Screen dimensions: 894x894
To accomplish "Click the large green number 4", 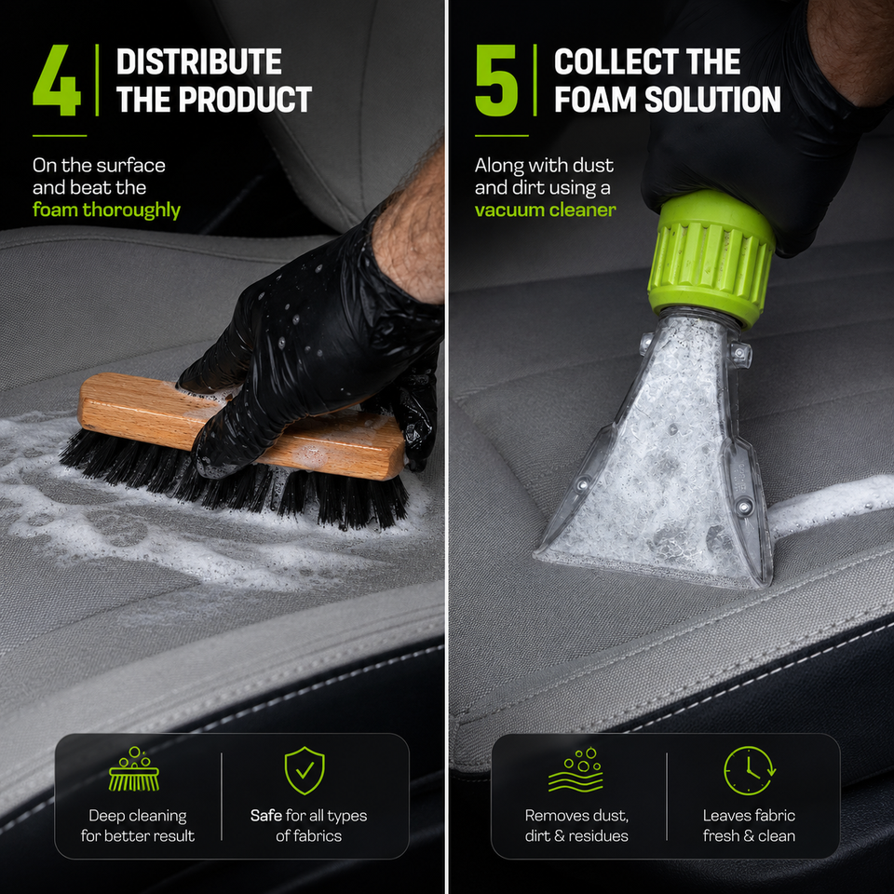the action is tap(57, 80).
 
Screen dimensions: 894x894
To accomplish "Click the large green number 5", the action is tap(496, 80).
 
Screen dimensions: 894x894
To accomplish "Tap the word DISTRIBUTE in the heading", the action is tap(199, 61).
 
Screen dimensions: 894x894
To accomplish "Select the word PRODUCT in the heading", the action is tap(245, 100).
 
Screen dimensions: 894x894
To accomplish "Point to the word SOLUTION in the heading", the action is tap(712, 100).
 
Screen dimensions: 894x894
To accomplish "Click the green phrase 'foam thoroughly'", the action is tap(106, 210).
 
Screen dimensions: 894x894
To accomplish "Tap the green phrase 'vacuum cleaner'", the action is tap(545, 210).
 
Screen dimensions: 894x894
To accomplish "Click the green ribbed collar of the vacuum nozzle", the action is tap(711, 260).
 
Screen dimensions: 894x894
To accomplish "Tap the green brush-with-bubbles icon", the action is tap(134, 769).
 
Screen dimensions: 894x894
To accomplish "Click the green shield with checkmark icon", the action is tap(305, 770).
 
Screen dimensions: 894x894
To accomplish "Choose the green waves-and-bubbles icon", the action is tap(576, 769).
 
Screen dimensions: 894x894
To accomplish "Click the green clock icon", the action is tap(749, 770).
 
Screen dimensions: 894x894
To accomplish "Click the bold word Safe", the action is tap(266, 816).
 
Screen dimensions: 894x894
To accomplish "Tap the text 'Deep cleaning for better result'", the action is tap(138, 826).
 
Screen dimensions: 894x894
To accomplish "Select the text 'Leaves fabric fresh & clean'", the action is tap(749, 826).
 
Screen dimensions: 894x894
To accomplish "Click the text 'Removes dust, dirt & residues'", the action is tap(576, 826).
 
